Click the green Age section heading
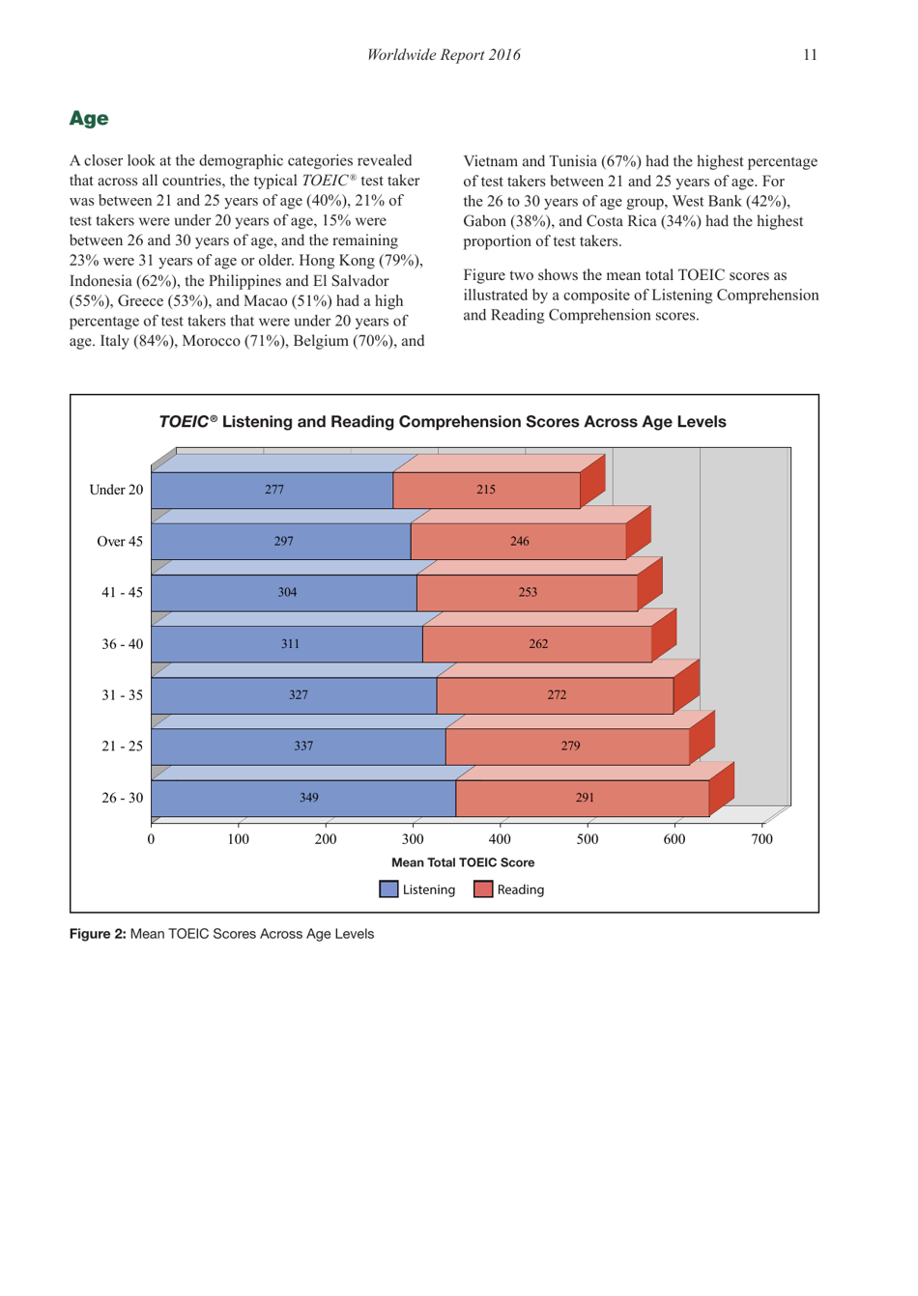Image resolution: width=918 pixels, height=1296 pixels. pos(89,119)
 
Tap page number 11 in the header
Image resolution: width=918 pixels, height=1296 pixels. pos(809,55)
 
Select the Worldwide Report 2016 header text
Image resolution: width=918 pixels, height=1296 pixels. pos(444,55)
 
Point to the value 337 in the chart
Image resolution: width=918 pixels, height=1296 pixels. pos(303,747)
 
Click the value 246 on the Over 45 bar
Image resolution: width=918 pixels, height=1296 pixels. pos(520,542)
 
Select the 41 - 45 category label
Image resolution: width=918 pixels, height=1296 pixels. pos(123,593)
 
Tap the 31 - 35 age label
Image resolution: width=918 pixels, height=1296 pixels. pos(123,695)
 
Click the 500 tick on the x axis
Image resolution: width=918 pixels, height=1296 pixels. pos(588,839)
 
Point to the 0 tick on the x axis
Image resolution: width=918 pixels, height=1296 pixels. pos(151,839)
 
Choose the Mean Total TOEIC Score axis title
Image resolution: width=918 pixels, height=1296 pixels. pos(463,862)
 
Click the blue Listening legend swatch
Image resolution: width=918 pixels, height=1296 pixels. pos(388,889)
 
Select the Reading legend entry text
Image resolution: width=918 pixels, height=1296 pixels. pos(521,889)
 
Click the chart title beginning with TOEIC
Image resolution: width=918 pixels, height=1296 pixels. pos(443,422)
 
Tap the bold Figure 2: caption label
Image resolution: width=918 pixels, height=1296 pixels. pos(98,934)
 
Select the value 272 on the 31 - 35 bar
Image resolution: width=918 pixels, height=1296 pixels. pos(557,695)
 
